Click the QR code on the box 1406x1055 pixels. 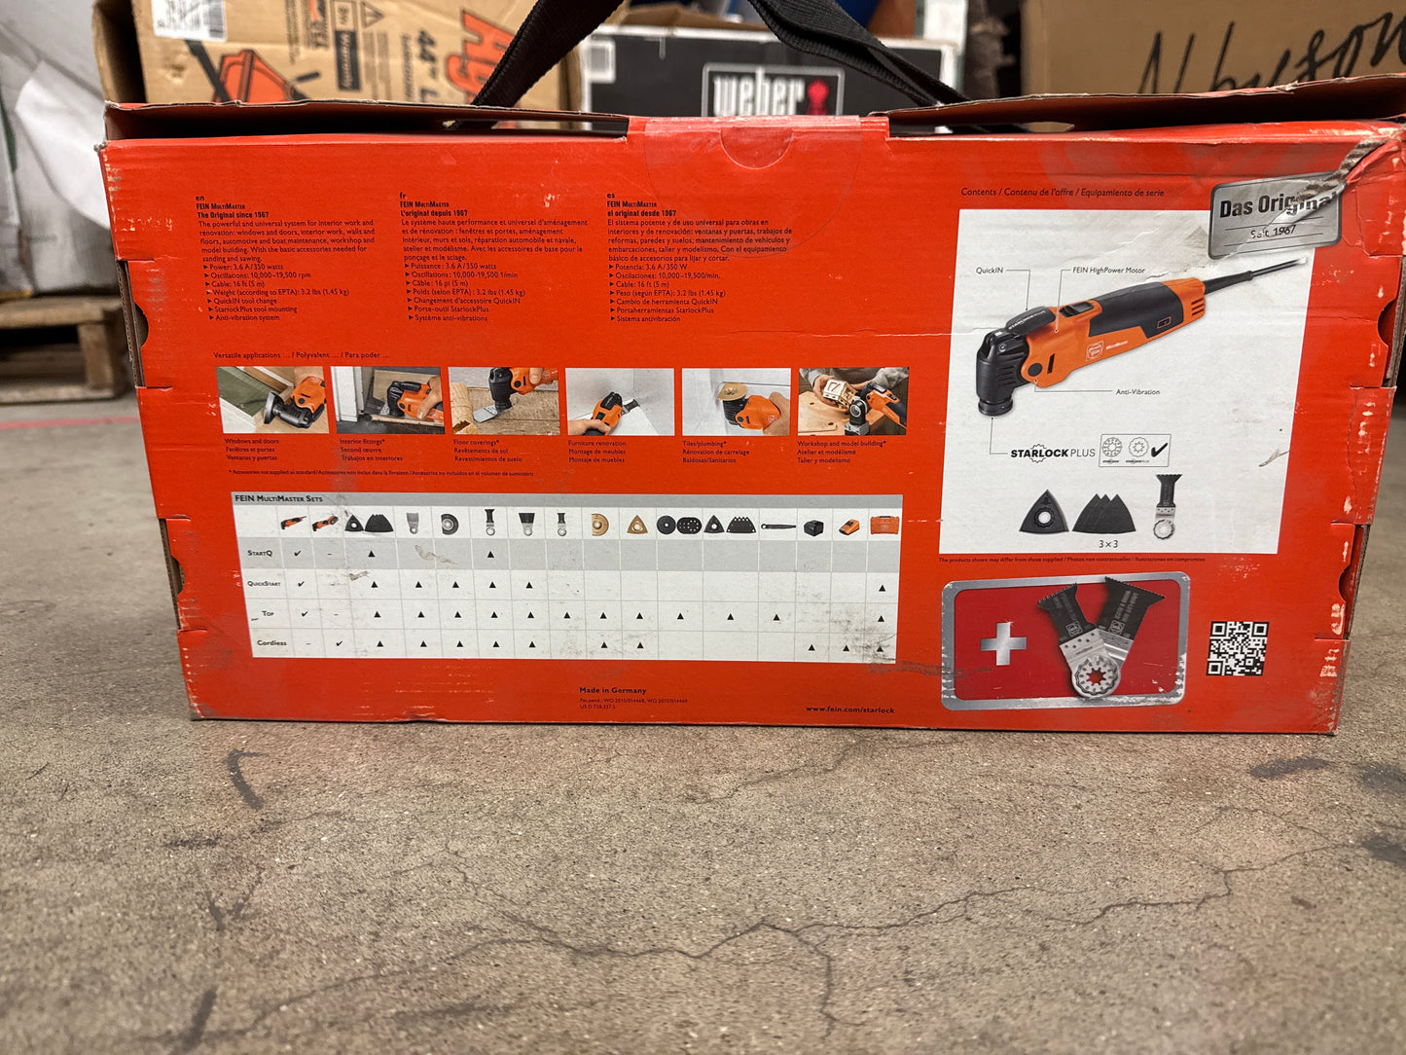1237,648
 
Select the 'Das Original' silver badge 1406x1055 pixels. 1275,214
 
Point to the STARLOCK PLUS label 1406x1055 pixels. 1052,453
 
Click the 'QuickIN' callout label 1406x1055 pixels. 990,271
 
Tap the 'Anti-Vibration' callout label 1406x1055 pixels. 1137,391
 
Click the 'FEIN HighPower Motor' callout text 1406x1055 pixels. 1108,271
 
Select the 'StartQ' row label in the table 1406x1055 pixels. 260,553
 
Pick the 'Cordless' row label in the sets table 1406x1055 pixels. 271,643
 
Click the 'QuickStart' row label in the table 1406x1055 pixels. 264,584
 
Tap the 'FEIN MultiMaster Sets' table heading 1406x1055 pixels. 278,499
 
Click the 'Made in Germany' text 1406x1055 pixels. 612,690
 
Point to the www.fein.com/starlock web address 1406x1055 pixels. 849,709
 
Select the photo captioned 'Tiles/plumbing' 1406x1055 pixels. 736,401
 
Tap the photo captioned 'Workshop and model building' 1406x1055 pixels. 852,400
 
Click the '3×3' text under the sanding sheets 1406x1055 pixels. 1107,544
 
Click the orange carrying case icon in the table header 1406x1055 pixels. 884,526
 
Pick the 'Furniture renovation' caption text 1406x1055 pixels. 596,443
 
